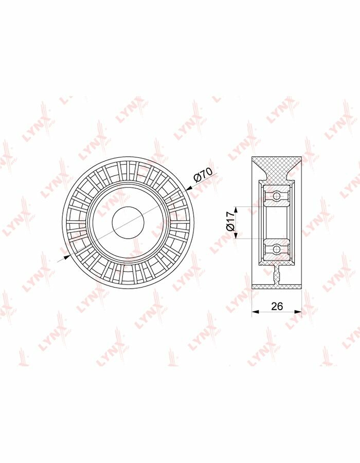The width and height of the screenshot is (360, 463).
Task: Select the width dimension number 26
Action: pos(277,306)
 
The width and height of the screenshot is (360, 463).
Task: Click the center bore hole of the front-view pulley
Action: pos(128,223)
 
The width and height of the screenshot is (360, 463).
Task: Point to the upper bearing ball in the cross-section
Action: pos(277,195)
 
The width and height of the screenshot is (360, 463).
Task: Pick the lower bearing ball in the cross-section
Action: pos(277,250)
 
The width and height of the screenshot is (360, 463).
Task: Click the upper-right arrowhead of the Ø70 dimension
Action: pos(189,188)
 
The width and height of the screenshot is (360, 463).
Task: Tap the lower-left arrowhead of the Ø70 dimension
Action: pos(67,258)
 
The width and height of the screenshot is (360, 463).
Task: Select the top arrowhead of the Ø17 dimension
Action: pos(236,210)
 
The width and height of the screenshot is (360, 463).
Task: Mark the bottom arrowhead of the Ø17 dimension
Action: pos(236,235)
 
